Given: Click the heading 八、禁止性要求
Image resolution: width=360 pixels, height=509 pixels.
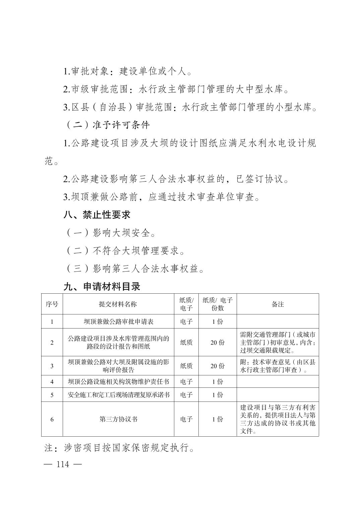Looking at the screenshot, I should coord(97,215).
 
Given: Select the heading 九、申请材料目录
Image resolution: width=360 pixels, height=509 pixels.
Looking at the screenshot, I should coord(102,287).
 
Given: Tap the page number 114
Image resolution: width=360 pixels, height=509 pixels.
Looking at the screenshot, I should coord(63,464).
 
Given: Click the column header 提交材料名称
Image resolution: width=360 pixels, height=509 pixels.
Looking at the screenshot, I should coord(118,304).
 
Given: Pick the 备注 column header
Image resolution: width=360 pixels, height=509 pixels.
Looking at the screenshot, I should coord(278,304).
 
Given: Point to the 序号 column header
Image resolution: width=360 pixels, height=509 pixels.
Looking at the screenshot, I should coord(52,304).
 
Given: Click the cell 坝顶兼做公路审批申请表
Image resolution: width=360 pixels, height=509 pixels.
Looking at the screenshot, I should coord(118,321).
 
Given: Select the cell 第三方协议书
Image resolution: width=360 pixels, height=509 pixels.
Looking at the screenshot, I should coord(118,419).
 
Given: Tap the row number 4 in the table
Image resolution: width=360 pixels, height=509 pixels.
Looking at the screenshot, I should coord(52,382).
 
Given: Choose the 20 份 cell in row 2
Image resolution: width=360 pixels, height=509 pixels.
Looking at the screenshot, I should coord(218,343).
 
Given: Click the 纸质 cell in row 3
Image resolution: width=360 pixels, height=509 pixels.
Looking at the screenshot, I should coord(186,366).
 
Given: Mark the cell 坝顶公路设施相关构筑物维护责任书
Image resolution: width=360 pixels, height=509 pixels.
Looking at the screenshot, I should coord(118,382).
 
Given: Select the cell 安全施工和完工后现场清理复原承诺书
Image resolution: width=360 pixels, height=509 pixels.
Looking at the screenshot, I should coord(118,395).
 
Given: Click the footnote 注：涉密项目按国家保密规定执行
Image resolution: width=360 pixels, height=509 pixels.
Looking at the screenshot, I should coord(120,448).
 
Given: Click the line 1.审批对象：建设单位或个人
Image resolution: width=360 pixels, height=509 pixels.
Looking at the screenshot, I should coord(128,71).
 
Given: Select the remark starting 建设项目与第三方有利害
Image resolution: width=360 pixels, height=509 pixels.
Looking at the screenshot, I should coord(278,419).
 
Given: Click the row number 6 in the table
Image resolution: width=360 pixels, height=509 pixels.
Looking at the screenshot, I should coord(52,419).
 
